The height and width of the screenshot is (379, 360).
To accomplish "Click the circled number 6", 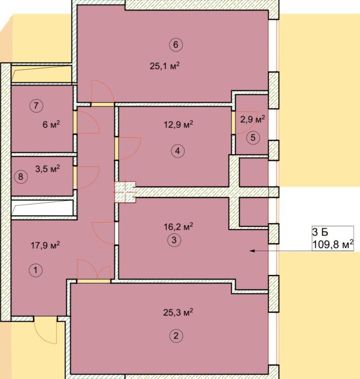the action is [x=176, y=44].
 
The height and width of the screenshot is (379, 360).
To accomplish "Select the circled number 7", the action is [x=36, y=106].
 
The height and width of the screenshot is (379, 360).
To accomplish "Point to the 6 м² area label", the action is [x=51, y=125].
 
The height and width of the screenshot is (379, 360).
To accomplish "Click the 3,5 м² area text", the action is [x=48, y=168].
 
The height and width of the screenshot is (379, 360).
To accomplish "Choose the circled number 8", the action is [x=21, y=177].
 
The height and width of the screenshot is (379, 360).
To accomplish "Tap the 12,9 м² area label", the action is [x=178, y=125].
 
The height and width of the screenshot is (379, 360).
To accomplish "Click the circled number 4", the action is [x=178, y=151].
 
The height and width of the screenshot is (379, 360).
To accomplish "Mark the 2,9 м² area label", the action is [x=253, y=119].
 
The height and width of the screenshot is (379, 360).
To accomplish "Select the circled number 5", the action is [x=253, y=138].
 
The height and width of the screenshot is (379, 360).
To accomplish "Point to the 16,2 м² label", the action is [x=178, y=227].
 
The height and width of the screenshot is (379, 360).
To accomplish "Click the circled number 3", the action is [x=174, y=240].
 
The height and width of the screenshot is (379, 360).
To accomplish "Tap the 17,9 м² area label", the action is [x=45, y=245].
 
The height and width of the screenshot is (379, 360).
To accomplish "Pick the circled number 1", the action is [x=36, y=270].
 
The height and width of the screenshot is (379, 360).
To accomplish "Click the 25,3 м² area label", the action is [x=178, y=312].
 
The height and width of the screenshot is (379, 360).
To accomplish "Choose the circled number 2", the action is [x=176, y=336].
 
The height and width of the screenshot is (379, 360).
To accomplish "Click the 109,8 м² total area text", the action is [x=333, y=245].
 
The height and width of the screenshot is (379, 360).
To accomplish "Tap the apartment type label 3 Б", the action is [x=320, y=232].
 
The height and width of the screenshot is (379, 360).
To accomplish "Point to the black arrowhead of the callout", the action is [x=252, y=251].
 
